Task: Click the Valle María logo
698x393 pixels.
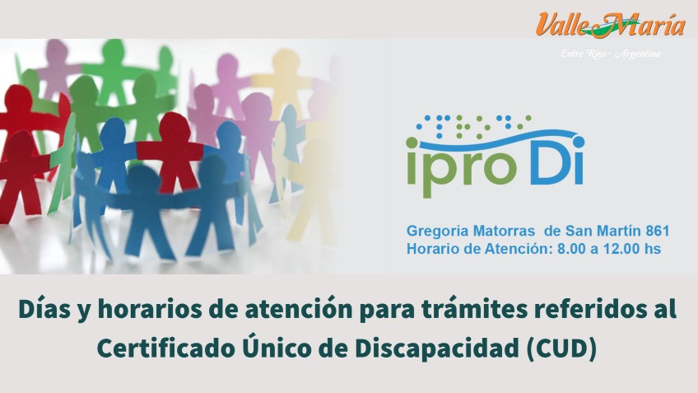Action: [610, 25]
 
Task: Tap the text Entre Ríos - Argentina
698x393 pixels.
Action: [610, 54]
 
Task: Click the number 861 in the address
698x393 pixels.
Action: [657, 231]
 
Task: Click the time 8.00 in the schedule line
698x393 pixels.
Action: [572, 249]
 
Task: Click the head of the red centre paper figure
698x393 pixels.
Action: [172, 126]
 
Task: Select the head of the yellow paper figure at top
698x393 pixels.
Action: [286, 62]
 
